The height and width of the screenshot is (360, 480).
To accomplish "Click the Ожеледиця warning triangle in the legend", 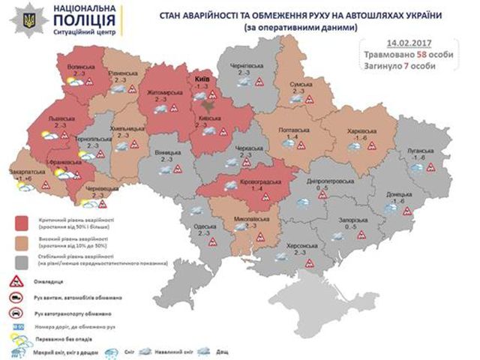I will pyautogui.click(x=16, y=282).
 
